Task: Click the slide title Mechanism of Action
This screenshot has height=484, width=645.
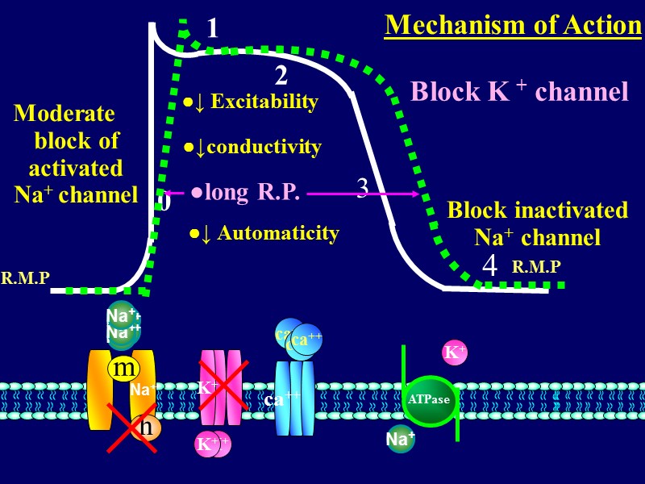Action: click(513, 25)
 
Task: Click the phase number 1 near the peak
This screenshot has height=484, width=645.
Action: click(212, 30)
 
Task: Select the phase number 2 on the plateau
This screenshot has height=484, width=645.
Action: click(281, 76)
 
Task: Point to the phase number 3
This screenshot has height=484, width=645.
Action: click(363, 188)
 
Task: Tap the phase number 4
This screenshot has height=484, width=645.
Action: click(489, 265)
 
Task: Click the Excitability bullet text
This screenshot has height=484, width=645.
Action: click(251, 102)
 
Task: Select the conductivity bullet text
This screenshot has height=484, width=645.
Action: click(252, 147)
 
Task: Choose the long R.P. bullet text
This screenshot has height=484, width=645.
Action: click(245, 193)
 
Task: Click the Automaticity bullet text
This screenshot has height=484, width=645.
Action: click(264, 233)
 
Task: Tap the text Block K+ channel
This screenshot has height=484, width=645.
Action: click(519, 92)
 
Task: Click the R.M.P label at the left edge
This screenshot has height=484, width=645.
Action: click(25, 278)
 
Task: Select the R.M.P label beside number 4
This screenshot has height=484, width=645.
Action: click(536, 266)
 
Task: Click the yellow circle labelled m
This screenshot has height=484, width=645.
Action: click(123, 369)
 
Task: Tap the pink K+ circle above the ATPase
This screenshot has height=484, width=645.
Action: click(455, 353)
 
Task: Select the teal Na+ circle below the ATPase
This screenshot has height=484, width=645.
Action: click(400, 439)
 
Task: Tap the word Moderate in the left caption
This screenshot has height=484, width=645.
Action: click(64, 113)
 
